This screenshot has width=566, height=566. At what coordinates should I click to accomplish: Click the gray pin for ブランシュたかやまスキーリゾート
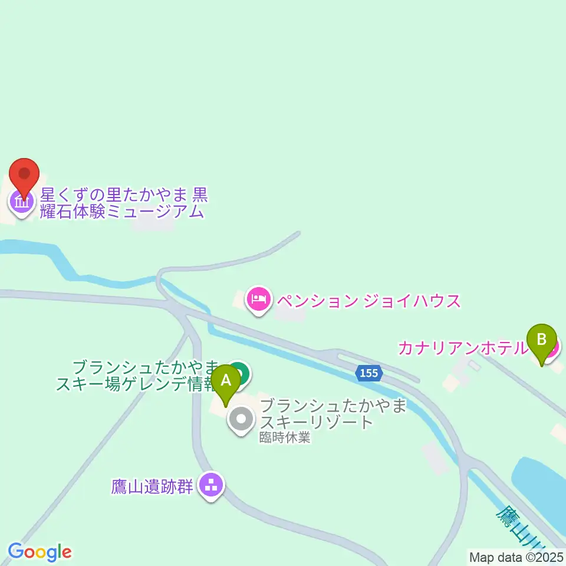pos(241,420)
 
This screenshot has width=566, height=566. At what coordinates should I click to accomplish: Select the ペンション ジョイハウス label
pos(368,301)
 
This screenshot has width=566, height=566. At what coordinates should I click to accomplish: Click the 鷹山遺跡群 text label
pos(152,487)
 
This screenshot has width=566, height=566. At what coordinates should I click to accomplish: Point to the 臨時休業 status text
pos(288,438)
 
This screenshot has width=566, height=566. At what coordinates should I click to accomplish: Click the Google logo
pos(40,552)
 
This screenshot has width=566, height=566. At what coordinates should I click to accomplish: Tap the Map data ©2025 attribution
pos(516,556)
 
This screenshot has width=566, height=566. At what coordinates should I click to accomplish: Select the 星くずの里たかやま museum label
pos(124,203)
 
